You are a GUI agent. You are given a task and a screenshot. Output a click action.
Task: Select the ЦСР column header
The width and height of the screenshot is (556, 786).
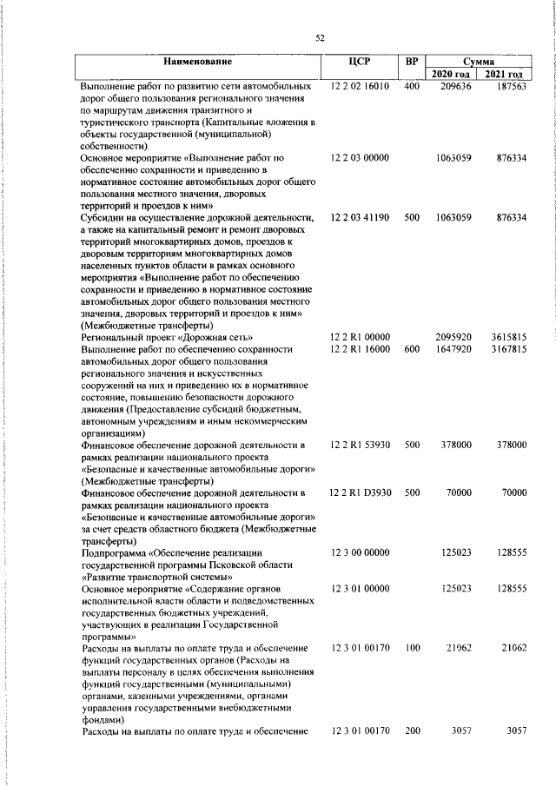[358, 63]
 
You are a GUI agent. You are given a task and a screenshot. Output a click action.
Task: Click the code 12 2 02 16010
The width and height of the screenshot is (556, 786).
[359, 87]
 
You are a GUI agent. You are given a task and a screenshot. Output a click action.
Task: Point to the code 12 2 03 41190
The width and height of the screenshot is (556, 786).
[359, 216]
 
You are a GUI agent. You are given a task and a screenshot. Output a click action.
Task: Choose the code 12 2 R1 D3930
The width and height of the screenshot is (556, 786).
[361, 492]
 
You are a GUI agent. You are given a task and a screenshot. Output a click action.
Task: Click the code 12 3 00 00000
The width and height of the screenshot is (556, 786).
[359, 552]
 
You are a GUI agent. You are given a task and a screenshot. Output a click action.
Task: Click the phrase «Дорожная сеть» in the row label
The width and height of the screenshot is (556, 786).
[215, 336]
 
